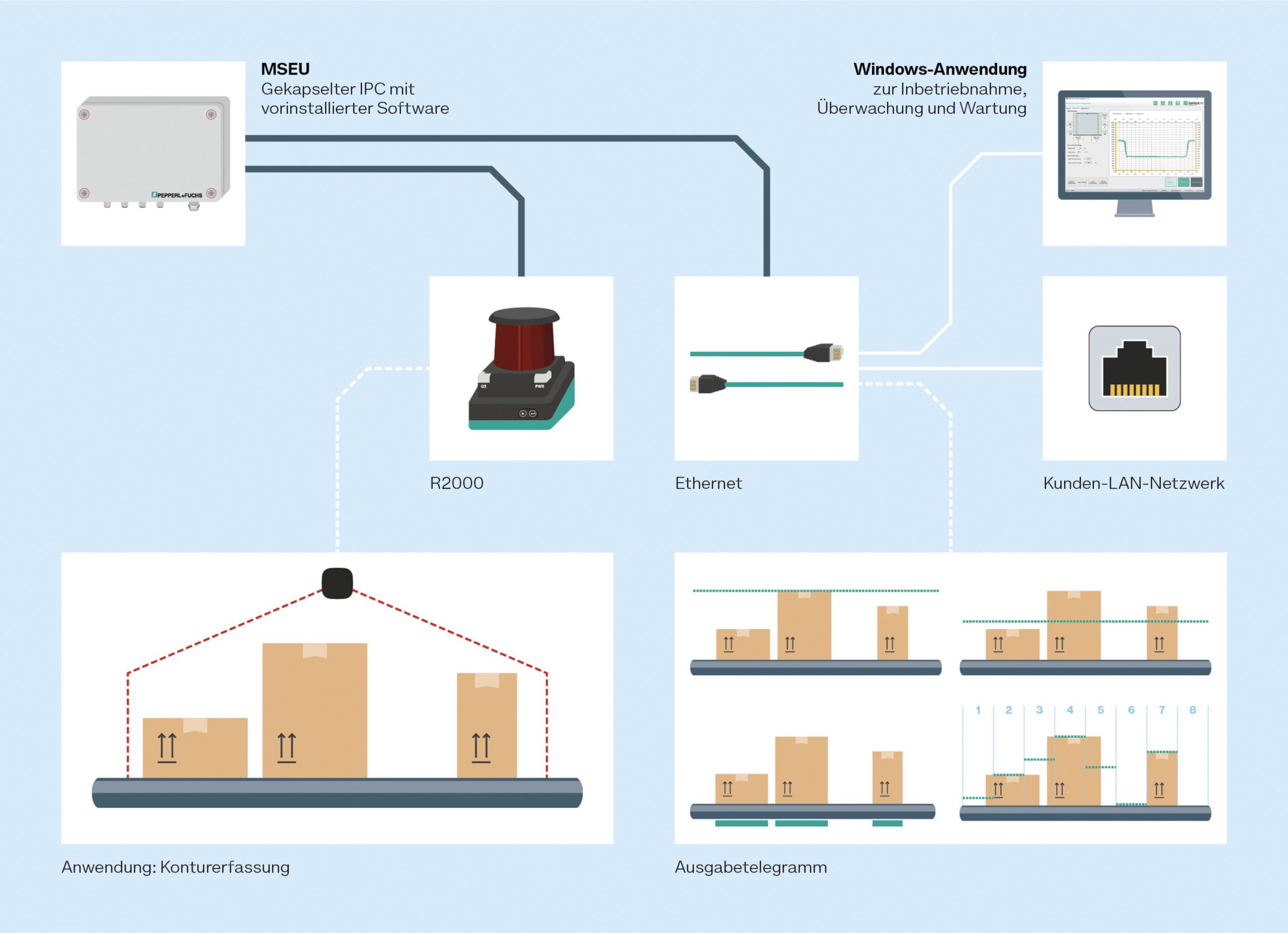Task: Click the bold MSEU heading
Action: click(x=285, y=69)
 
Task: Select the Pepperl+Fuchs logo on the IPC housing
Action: click(x=177, y=195)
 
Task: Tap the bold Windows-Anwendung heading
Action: click(x=940, y=69)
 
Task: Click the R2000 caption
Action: click(x=457, y=483)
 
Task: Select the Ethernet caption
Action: click(x=708, y=483)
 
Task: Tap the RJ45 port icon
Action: click(x=1134, y=368)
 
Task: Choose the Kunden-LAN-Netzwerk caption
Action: click(x=1134, y=483)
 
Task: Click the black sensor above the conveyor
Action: click(x=337, y=583)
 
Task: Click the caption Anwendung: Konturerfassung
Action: click(x=176, y=867)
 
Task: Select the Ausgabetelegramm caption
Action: click(x=751, y=867)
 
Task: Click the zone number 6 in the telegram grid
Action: click(x=1131, y=710)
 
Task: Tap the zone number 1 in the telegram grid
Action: click(x=978, y=710)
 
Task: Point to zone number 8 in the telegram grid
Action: click(x=1192, y=710)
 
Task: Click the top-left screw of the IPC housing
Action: click(x=84, y=115)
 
